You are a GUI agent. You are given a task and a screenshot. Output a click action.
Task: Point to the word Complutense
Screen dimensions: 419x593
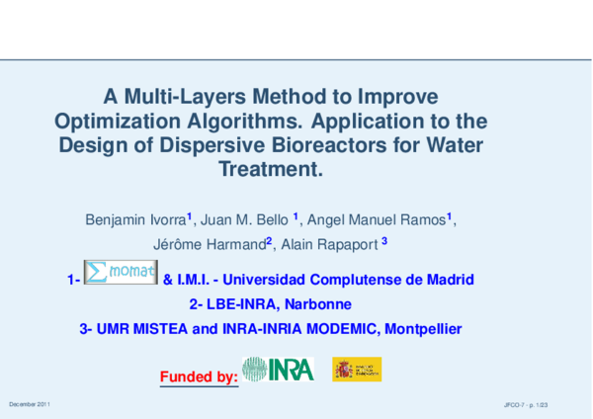coord(352,280)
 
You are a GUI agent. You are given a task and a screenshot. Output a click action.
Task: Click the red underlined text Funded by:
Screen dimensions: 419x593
coord(198,377)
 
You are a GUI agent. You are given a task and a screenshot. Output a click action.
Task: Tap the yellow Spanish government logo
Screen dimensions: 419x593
coord(357,370)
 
